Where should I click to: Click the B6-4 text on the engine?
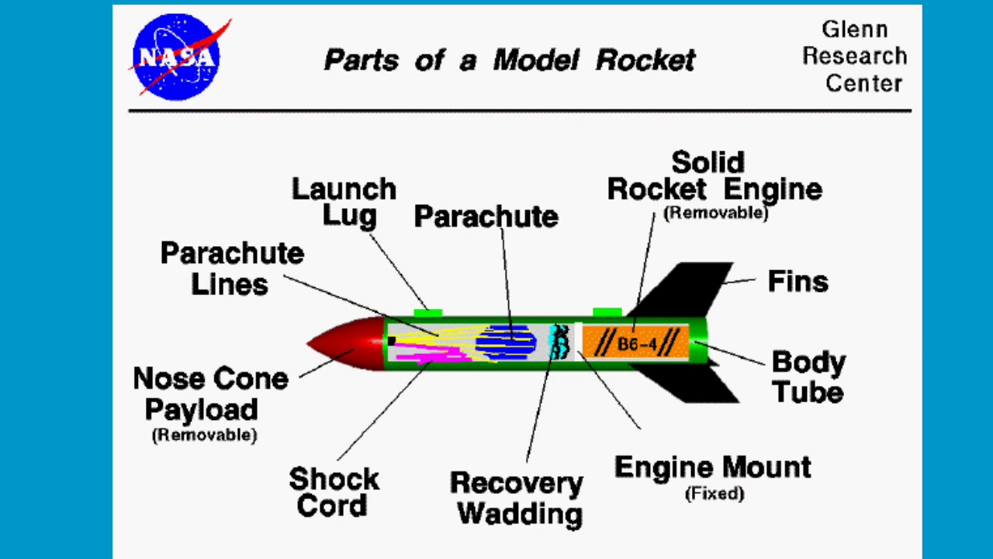[x=636, y=343]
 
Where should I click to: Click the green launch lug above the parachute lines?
[x=427, y=313]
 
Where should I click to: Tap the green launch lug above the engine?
[x=607, y=312]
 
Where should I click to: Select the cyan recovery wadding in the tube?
[x=555, y=342]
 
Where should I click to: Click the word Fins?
[x=798, y=281]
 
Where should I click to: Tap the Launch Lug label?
[x=344, y=202]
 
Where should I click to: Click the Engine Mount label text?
[x=712, y=467]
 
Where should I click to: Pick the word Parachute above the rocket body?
[x=486, y=217]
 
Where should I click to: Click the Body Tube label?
[x=808, y=377]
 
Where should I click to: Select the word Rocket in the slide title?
[x=645, y=60]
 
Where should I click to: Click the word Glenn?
[x=855, y=30]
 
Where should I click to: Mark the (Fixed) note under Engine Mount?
[x=714, y=494]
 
